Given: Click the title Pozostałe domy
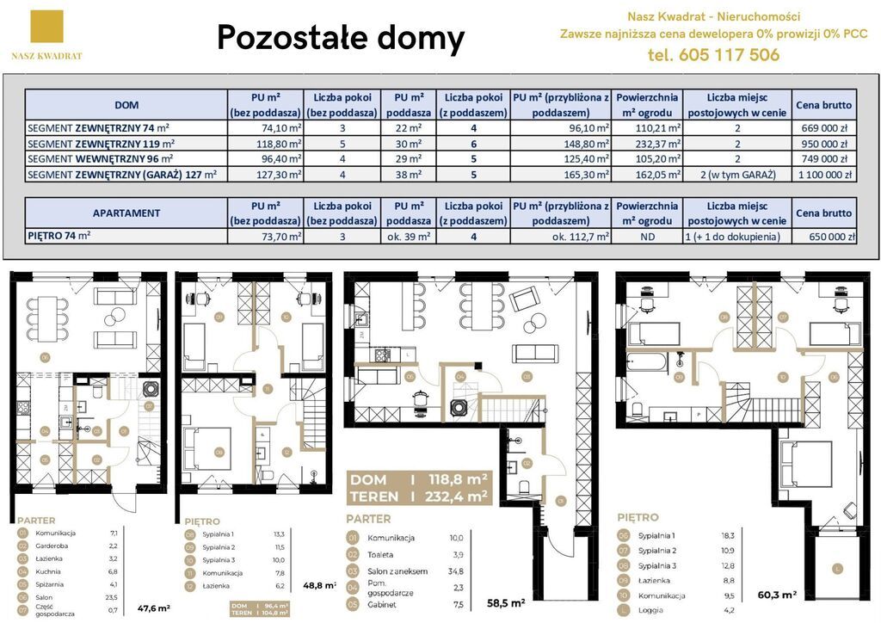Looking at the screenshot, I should pyautogui.click(x=341, y=38).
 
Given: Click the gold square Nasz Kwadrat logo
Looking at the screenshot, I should pyautogui.click(x=46, y=27).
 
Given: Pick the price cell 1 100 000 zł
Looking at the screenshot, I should pyautogui.click(x=822, y=174).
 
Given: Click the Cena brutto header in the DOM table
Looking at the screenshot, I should pyautogui.click(x=823, y=105).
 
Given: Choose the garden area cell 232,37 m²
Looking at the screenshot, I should pyautogui.click(x=650, y=143).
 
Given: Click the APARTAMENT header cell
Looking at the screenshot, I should pyautogui.click(x=126, y=213).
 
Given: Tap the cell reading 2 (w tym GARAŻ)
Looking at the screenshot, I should pyautogui.click(x=737, y=174).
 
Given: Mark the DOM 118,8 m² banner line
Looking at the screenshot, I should pyautogui.click(x=417, y=479).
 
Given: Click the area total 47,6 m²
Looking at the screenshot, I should pyautogui.click(x=153, y=608).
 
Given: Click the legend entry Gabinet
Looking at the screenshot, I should pyautogui.click(x=384, y=604).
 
